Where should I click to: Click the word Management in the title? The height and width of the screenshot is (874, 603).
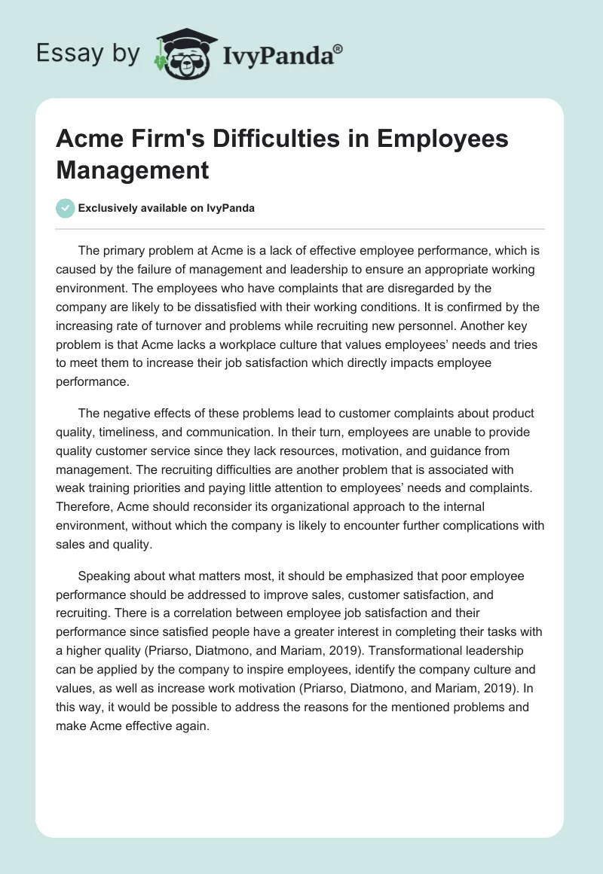(132, 170)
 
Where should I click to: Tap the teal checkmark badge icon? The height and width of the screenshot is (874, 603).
(66, 208)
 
